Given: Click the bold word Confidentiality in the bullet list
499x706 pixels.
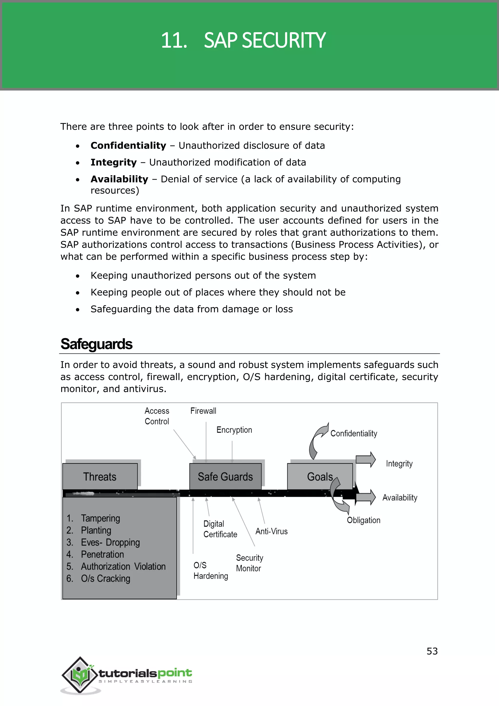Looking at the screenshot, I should click(x=128, y=146).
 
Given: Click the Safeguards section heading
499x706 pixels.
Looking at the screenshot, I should click(x=96, y=344).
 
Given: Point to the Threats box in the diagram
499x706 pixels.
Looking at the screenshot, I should click(x=100, y=477).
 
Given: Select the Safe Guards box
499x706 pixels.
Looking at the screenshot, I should click(x=225, y=477).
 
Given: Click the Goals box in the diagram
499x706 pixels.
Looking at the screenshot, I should click(x=320, y=477).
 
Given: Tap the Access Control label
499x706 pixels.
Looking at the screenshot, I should click(x=157, y=416).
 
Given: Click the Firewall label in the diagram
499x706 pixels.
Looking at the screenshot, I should click(x=203, y=411).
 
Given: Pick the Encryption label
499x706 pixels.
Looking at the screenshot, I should click(x=234, y=430).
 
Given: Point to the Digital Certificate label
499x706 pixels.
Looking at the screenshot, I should click(x=220, y=529).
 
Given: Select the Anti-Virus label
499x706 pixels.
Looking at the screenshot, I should click(x=272, y=531).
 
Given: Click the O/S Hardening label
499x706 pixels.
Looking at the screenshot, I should click(x=211, y=570).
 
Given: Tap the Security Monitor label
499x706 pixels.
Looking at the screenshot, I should click(x=249, y=563).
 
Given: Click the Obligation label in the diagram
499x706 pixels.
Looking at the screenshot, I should click(x=364, y=520).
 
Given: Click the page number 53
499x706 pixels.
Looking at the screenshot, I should click(x=432, y=651).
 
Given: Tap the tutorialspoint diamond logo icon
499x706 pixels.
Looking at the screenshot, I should click(x=80, y=675).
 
